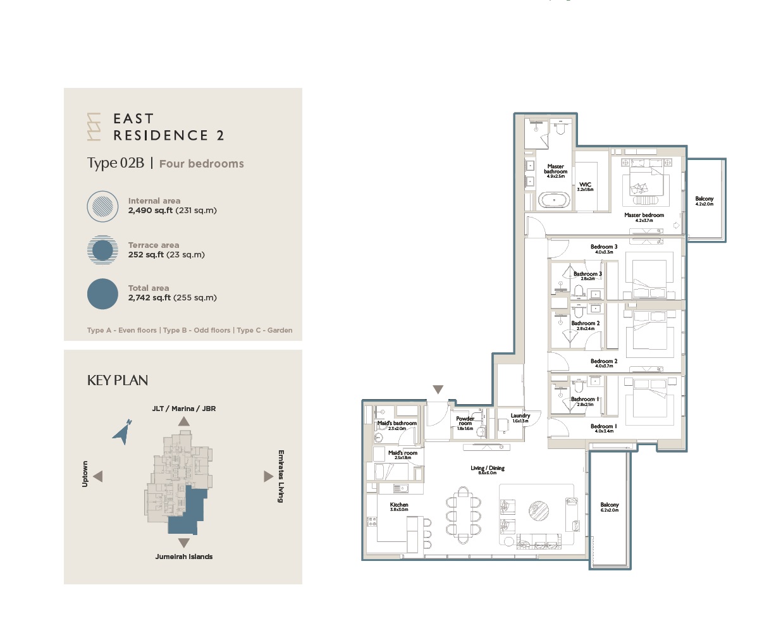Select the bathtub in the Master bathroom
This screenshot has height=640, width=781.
(554, 200)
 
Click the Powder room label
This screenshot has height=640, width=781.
(465, 421)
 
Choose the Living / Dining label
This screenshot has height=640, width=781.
(487, 469)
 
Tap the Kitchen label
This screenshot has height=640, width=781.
(399, 505)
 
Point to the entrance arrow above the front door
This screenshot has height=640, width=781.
(438, 390)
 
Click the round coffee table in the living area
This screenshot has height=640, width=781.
(539, 510)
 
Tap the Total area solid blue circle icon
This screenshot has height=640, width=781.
(102, 294)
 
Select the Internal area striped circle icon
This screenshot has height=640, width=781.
(102, 206)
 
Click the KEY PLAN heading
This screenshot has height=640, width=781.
(118, 380)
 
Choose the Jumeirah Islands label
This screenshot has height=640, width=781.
(184, 557)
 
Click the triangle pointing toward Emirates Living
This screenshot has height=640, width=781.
(268, 476)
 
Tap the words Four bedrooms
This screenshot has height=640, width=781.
(201, 164)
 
